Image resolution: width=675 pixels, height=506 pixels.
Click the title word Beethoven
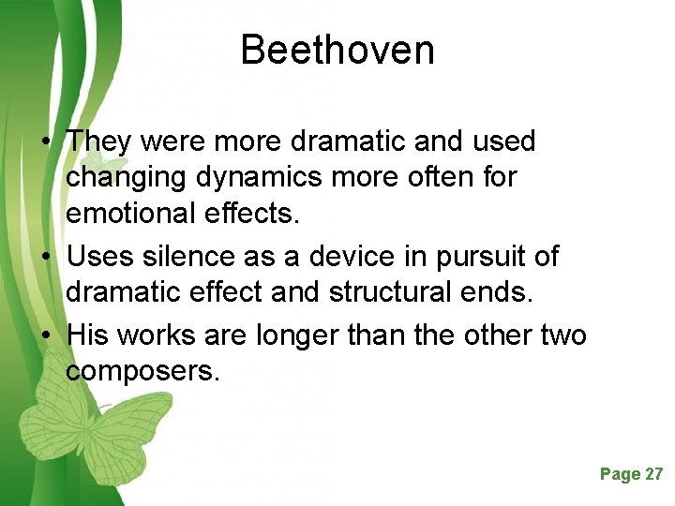337,50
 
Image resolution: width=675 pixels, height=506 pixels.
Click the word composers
143,370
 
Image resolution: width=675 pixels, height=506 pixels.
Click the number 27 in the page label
653,474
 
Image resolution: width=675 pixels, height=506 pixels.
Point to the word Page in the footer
620,474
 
